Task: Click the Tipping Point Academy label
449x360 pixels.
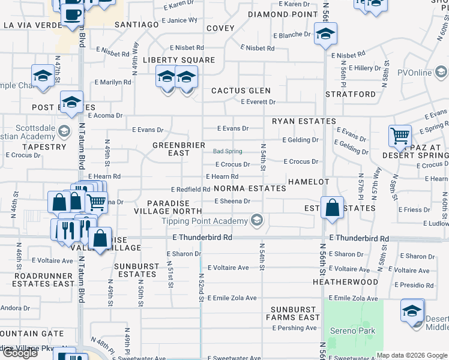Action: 205,221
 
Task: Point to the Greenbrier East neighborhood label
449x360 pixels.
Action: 179,149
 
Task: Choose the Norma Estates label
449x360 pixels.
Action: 250,188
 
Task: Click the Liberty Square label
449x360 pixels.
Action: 178,60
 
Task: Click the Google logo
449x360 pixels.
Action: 20,353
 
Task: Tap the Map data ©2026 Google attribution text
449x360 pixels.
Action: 412,355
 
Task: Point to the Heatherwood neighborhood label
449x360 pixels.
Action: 345,281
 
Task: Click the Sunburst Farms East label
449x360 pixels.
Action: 295,317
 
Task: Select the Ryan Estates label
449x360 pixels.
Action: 304,121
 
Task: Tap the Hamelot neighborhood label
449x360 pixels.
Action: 308,182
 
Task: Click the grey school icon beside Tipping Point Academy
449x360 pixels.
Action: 257,221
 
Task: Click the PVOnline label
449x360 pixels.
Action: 414,73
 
